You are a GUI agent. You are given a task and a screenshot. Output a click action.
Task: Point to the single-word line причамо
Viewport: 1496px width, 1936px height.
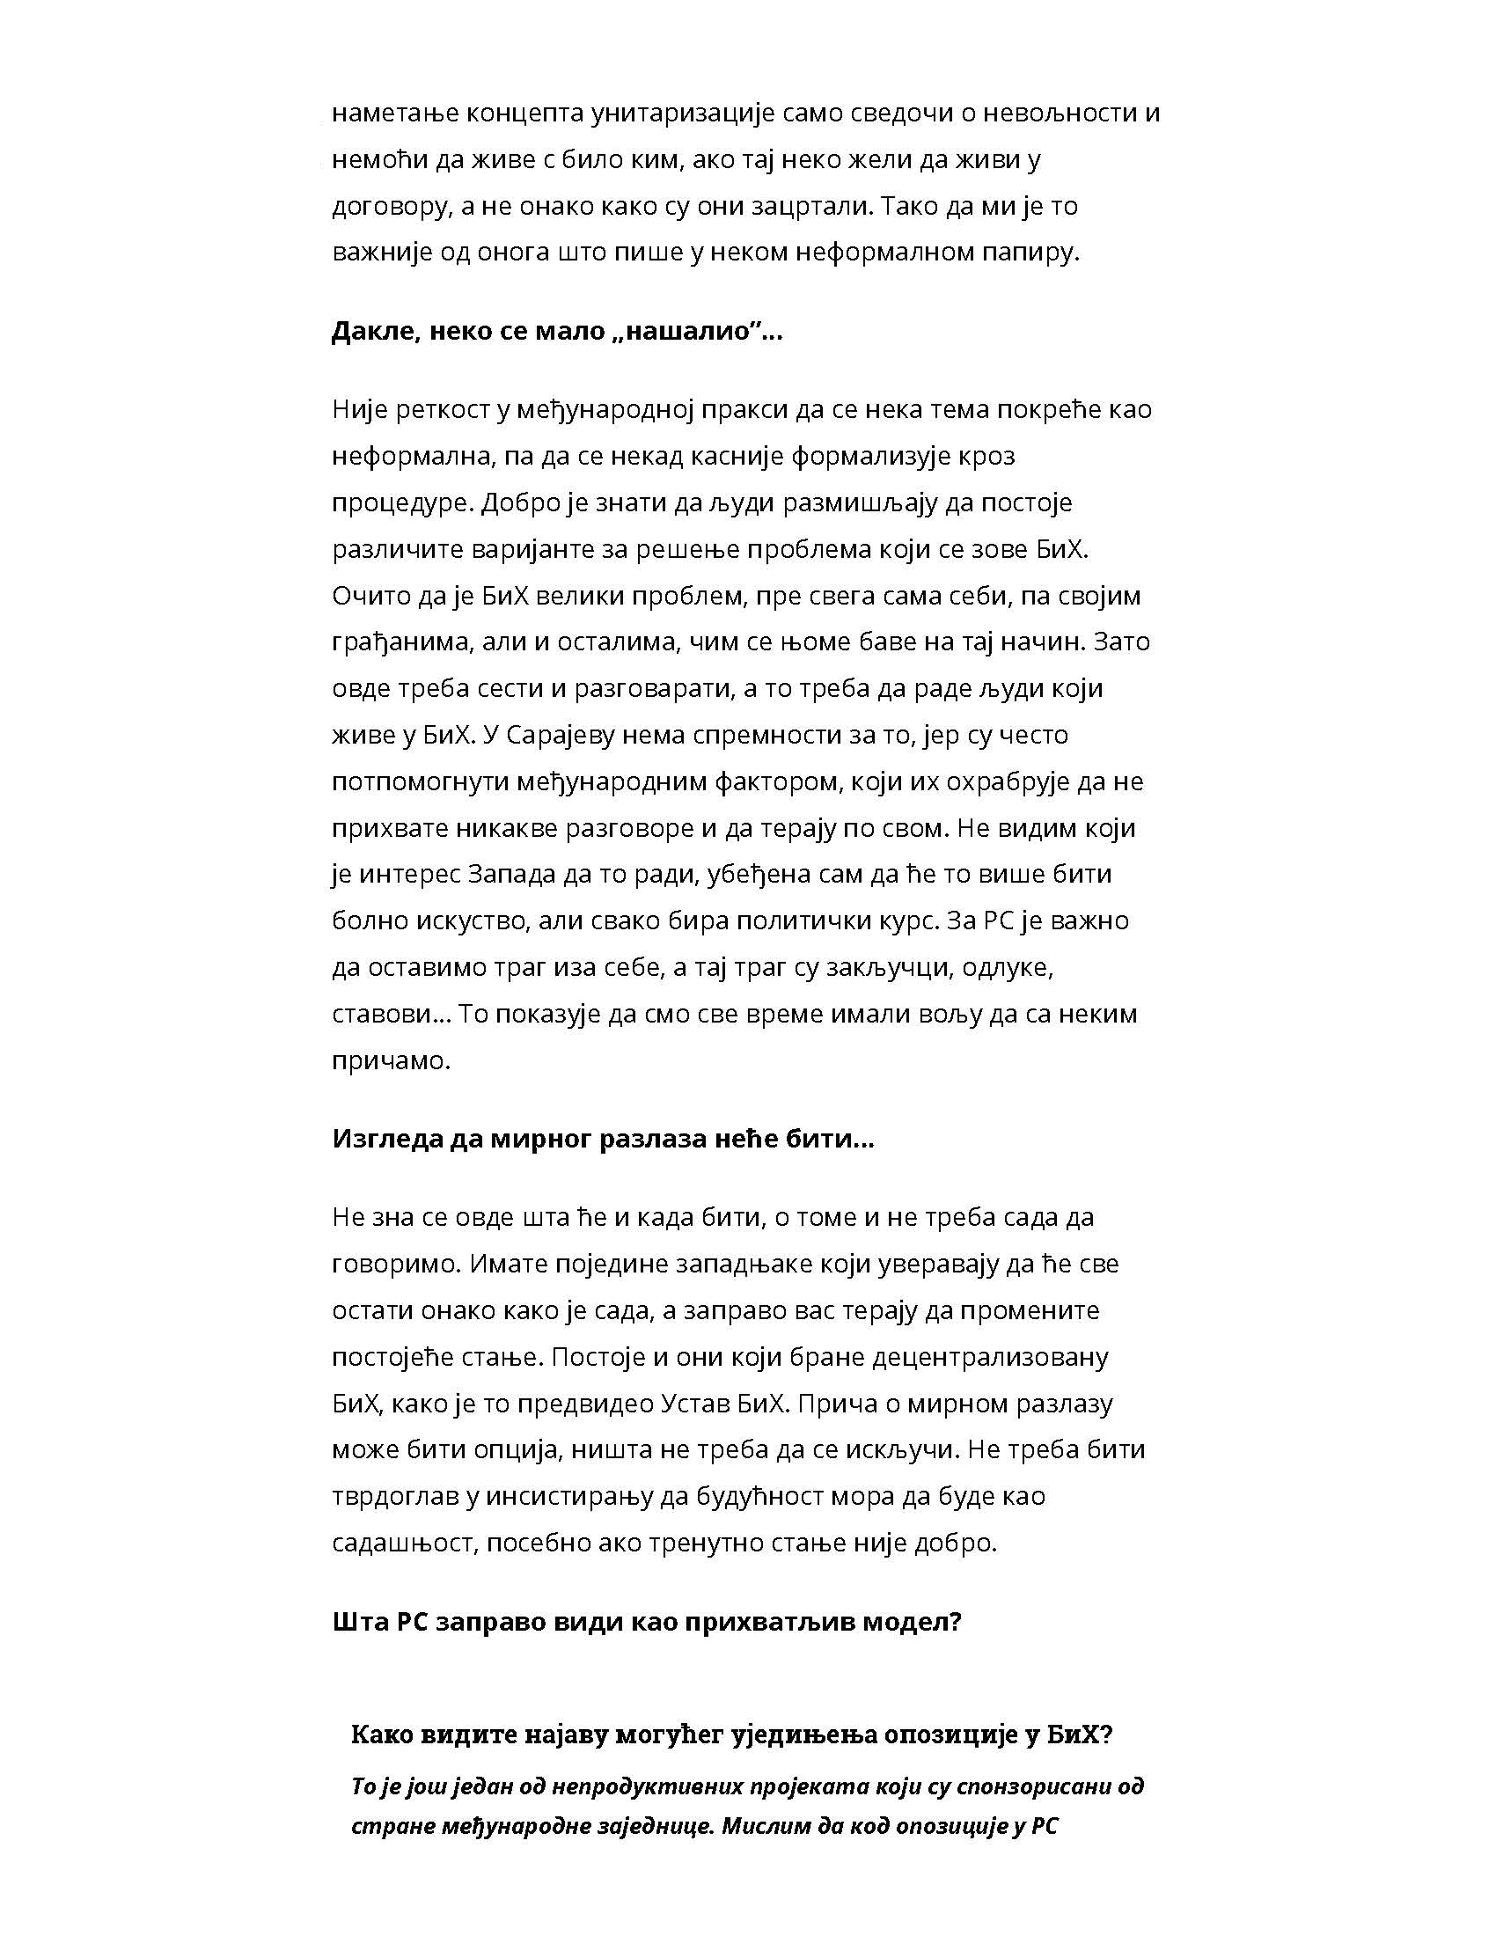[x=391, y=1060]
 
